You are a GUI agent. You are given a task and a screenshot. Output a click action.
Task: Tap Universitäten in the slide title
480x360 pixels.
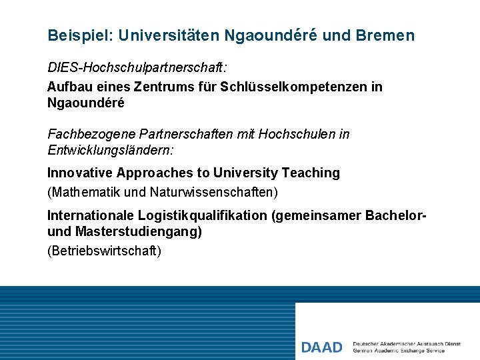click(x=166, y=35)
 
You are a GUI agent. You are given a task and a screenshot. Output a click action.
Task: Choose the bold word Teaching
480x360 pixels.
click(x=311, y=173)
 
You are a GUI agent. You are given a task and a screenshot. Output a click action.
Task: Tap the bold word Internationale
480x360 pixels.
click(x=91, y=215)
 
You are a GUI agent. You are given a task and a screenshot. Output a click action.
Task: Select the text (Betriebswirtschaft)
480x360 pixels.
click(x=104, y=251)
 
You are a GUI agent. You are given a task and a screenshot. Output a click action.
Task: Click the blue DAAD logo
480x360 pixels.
click(x=321, y=347)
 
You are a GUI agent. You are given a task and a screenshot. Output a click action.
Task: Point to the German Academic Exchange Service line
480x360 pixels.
click(x=399, y=351)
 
